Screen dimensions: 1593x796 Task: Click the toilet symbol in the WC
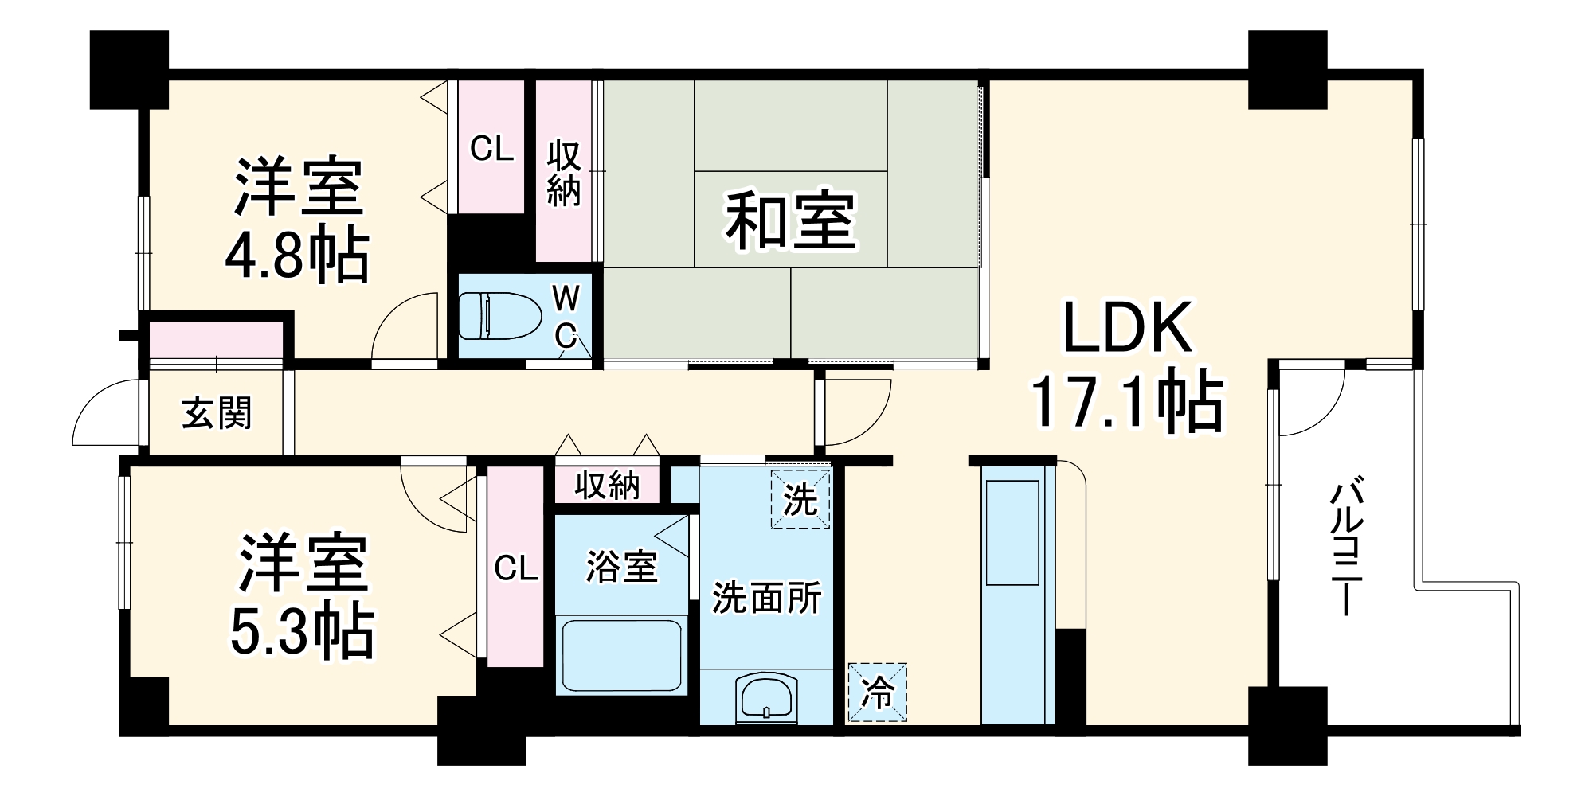pyautogui.click(x=499, y=315)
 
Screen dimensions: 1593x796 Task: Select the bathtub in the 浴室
pyautogui.click(x=621, y=656)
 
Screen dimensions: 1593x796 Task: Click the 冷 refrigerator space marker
pyautogui.click(x=878, y=693)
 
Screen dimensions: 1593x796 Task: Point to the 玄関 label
pyautogui.click(x=217, y=413)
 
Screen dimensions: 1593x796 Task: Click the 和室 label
pyautogui.click(x=790, y=220)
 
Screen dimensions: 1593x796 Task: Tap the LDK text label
pyautogui.click(x=1128, y=327)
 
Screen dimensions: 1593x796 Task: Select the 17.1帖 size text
pyautogui.click(x=1127, y=404)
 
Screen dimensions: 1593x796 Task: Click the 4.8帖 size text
pyautogui.click(x=297, y=256)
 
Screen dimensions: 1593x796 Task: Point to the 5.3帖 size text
pyautogui.click(x=302, y=631)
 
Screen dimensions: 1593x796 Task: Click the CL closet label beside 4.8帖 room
pyautogui.click(x=491, y=148)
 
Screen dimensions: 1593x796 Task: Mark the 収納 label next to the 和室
pyautogui.click(x=564, y=173)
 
